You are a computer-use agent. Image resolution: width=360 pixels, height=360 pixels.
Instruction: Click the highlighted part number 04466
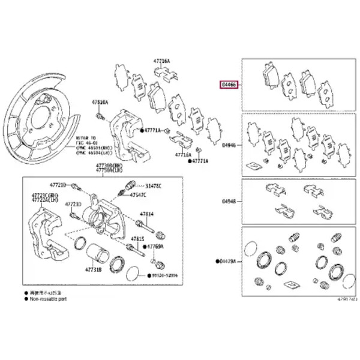[229, 85]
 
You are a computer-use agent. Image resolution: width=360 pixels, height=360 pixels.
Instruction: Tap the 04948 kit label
[229, 202]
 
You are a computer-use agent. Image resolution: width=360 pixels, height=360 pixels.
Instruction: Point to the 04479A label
[228, 262]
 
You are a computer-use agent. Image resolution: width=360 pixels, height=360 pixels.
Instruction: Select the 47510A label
[99, 103]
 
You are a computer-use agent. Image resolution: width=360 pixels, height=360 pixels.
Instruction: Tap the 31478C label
[153, 186]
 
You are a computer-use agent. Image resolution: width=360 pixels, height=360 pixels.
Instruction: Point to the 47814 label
[147, 214]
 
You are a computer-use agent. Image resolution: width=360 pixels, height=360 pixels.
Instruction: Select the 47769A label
[155, 247]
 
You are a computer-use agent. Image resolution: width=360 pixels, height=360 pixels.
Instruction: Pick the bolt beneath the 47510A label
[101, 116]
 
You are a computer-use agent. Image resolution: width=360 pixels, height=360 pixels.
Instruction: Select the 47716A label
[183, 154]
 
